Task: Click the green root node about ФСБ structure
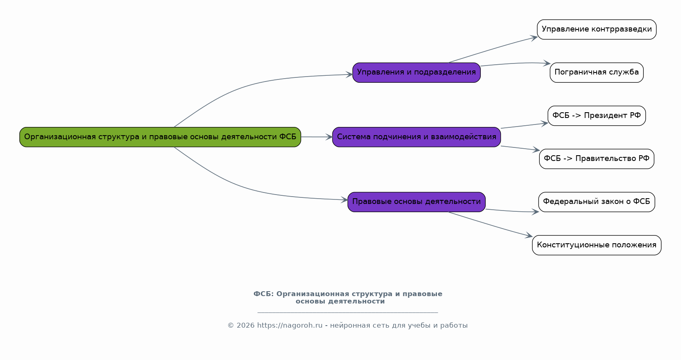(160, 137)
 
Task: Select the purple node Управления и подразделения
(416, 72)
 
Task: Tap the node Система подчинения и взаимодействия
(416, 137)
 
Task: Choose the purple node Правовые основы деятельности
(416, 202)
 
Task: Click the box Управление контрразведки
(596, 29)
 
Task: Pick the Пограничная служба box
(596, 72)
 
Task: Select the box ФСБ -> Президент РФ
(596, 115)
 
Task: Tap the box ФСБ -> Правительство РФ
(596, 158)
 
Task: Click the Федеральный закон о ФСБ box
(596, 202)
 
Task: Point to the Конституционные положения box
(596, 245)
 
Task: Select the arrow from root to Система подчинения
(317, 137)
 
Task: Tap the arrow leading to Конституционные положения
(491, 224)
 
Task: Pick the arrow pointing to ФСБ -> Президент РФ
(524, 126)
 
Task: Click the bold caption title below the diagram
(348, 297)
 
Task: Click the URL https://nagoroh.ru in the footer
(290, 326)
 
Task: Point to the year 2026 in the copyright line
(245, 326)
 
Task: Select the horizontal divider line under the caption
(348, 312)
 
